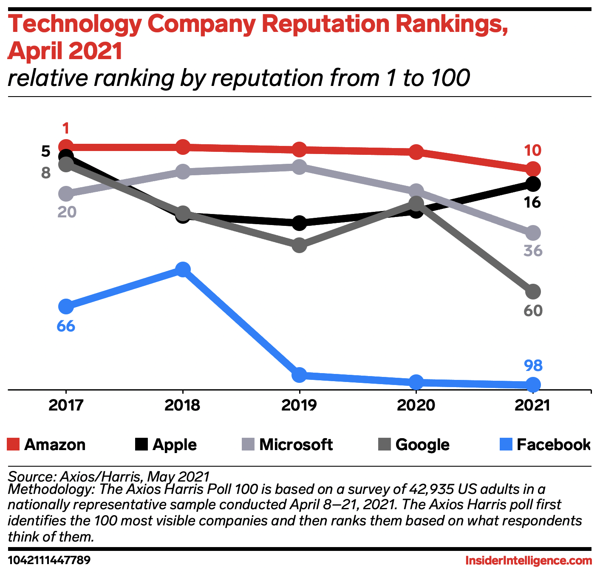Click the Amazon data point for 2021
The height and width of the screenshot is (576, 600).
(533, 169)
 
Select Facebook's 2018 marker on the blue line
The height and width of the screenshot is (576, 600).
(183, 270)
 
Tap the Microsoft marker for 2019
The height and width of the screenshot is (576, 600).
(300, 167)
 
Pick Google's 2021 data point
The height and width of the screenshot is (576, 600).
(533, 292)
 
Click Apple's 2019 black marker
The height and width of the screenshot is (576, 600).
(300, 222)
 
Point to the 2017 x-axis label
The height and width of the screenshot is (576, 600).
(66, 405)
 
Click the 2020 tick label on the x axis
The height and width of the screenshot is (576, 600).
(416, 405)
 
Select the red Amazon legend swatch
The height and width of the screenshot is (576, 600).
(13, 445)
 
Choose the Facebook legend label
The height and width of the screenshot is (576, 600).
(553, 445)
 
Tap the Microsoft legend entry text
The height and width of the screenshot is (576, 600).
(296, 445)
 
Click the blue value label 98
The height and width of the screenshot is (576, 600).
(533, 365)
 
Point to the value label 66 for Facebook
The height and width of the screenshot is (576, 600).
(66, 326)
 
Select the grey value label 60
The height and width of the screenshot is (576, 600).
(533, 311)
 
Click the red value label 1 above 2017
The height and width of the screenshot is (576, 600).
(66, 128)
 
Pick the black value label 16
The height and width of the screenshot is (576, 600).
(533, 202)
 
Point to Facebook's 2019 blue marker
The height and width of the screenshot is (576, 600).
(300, 375)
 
